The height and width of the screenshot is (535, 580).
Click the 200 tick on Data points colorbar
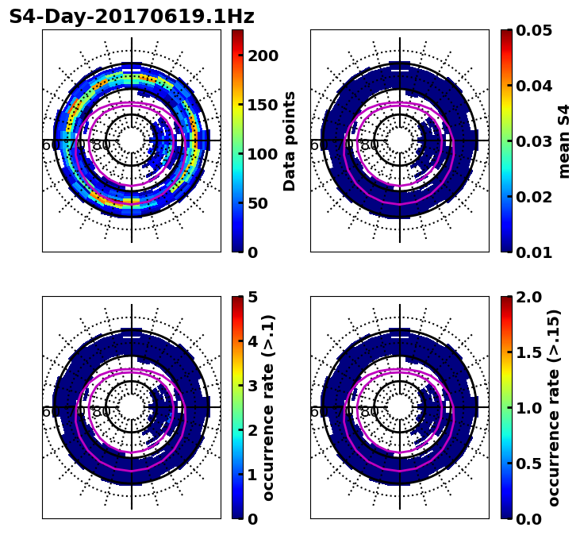263,56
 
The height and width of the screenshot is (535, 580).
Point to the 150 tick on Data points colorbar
263,105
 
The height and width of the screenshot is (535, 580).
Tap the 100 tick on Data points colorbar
263,154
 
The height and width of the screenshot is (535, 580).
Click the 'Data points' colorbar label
290,141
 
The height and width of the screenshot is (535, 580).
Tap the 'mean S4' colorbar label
564,141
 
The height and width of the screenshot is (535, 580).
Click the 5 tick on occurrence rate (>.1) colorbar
253,297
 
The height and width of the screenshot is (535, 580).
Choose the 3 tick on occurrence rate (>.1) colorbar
253,386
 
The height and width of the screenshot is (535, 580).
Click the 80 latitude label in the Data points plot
102,145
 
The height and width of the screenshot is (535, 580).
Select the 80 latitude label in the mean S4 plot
370,145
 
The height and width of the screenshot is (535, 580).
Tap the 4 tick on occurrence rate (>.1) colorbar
253,341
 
